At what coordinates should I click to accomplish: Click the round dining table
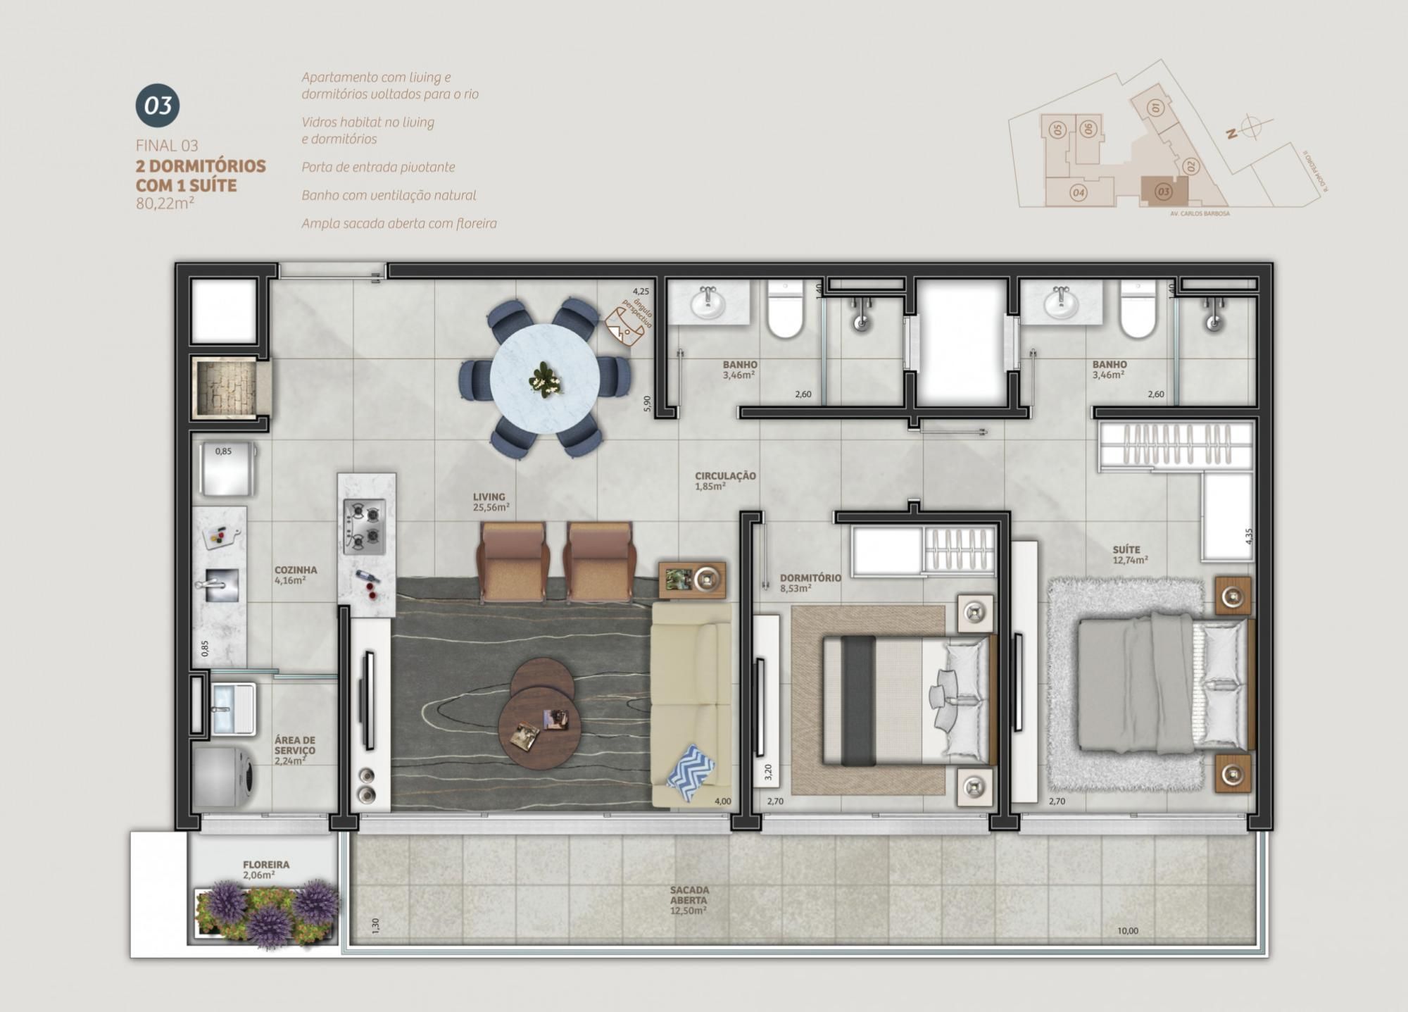[x=545, y=379]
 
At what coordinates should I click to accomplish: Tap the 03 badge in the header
[x=158, y=106]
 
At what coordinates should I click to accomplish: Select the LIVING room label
[x=490, y=501]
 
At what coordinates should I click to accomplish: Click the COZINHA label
[x=295, y=575]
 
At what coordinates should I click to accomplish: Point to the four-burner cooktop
[x=364, y=526]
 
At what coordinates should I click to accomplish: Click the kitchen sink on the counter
[x=221, y=585]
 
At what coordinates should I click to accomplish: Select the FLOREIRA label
[x=266, y=869]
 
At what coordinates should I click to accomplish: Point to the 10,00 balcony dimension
[x=1127, y=931]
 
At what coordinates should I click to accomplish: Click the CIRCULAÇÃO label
[x=725, y=480]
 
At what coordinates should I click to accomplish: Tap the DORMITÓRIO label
[x=810, y=582]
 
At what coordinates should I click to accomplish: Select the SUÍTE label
[x=1126, y=554]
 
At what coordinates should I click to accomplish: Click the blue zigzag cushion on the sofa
[x=690, y=773]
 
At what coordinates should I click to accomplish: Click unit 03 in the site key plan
[x=1163, y=191]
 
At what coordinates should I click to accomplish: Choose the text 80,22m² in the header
[x=165, y=204]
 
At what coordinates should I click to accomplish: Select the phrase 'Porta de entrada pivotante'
[x=378, y=167]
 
